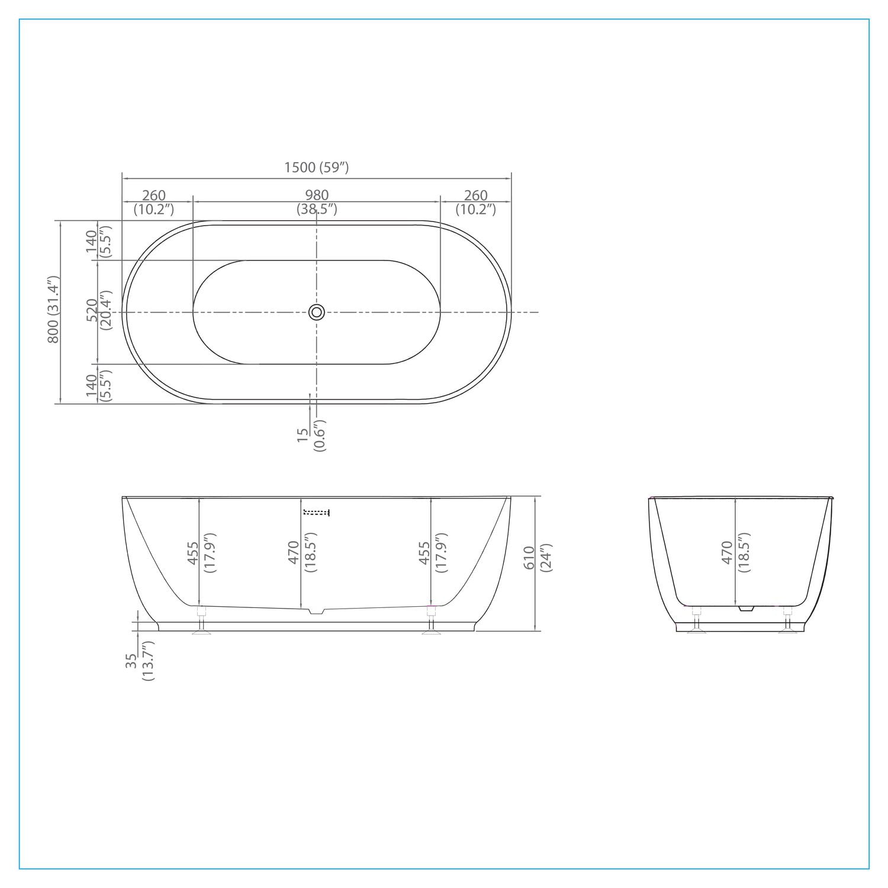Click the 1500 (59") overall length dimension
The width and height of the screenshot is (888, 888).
tap(316, 168)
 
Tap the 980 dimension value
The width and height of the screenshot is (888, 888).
tap(317, 195)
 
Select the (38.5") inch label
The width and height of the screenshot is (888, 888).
tap(317, 208)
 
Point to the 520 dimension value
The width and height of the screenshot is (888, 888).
tap(92, 311)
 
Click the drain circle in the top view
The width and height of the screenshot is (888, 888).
tap(317, 312)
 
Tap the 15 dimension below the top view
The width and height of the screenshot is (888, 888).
tap(303, 435)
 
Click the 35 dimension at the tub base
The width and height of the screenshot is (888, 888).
tap(131, 661)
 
